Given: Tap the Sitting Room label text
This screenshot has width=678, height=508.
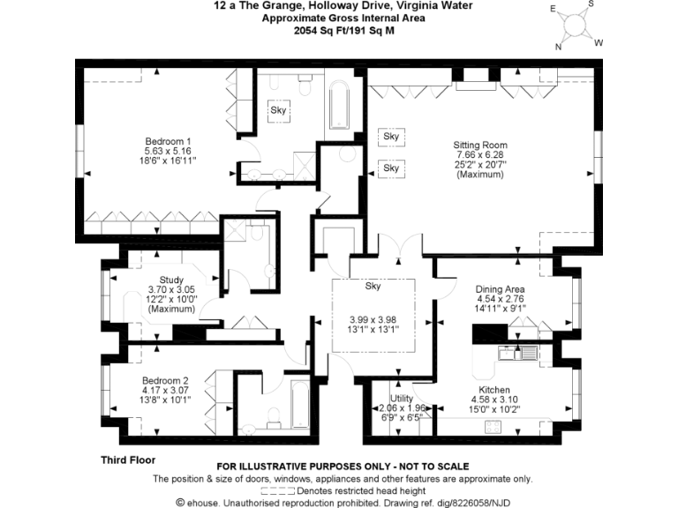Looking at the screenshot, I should tap(480, 146).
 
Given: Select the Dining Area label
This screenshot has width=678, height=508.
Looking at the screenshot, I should tap(501, 289).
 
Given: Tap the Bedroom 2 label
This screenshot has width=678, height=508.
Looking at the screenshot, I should tap(166, 380).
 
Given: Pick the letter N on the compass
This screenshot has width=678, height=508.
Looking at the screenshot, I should tap(558, 47).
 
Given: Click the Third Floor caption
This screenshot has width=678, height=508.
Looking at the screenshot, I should tap(128, 460).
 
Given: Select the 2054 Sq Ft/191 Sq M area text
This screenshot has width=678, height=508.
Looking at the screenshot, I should tap(343, 29).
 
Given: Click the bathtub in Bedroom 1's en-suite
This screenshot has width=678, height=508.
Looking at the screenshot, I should tap(339, 107).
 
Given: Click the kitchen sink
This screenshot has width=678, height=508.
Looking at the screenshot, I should tap(509, 355).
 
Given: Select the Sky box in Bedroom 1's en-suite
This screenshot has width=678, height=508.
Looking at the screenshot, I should tap(279, 111).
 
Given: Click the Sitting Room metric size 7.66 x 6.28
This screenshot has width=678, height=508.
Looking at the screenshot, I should tap(480, 155).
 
